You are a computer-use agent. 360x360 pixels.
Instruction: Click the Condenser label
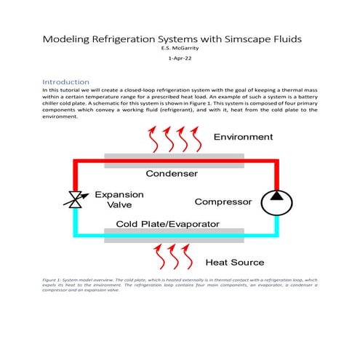tap(172, 174)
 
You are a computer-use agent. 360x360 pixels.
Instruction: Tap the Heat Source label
tap(235, 262)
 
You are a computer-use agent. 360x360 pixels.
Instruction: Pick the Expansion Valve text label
tap(120, 200)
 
